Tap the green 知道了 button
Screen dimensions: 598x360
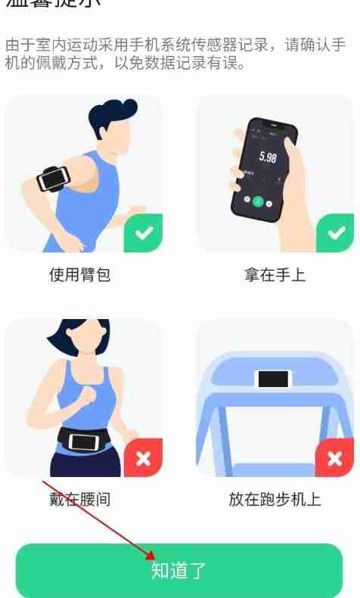179,570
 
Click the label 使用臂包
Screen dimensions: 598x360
80,274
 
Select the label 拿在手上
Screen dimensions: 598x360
275,274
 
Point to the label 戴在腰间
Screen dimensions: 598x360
80,500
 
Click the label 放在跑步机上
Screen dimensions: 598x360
275,500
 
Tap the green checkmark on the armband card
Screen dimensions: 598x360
144,233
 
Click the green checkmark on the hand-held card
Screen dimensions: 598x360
335,233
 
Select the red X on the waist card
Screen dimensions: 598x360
144,458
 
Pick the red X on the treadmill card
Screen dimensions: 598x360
335,458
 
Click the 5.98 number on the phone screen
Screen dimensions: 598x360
268,157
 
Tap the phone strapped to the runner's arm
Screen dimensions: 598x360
52,178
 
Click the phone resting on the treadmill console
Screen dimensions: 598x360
273,378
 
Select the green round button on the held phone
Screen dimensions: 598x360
258,201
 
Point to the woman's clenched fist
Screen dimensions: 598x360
89,395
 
